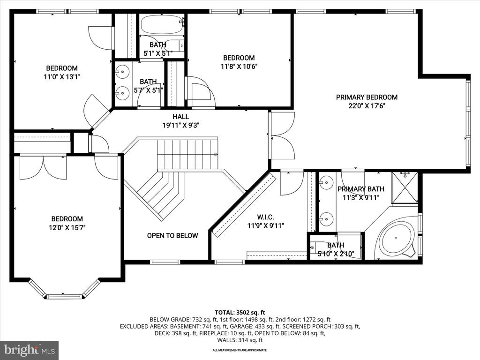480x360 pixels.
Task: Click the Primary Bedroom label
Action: (x=367, y=97)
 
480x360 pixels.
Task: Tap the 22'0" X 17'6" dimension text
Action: (x=367, y=106)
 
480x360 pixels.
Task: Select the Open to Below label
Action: (x=172, y=236)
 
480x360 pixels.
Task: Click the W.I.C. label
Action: (x=265, y=217)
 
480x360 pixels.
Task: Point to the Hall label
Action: (x=180, y=117)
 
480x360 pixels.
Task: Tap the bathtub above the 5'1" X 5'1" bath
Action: (x=161, y=24)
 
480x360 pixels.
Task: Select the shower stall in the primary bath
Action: (x=405, y=187)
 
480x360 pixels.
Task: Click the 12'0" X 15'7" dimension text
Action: (x=67, y=228)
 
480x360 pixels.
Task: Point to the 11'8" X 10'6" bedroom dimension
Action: (x=239, y=67)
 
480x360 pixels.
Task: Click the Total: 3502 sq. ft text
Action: (x=240, y=313)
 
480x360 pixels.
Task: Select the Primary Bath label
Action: (x=361, y=189)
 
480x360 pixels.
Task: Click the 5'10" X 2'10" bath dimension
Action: (x=336, y=254)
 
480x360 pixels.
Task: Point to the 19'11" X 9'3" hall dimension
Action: (x=181, y=125)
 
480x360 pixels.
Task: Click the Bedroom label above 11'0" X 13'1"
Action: (x=62, y=68)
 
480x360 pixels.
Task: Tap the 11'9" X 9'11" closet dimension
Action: (x=266, y=226)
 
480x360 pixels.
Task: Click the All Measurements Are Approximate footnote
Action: (x=240, y=350)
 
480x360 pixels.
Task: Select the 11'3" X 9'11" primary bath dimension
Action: (x=361, y=198)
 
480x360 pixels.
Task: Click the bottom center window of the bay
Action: (x=65, y=296)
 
